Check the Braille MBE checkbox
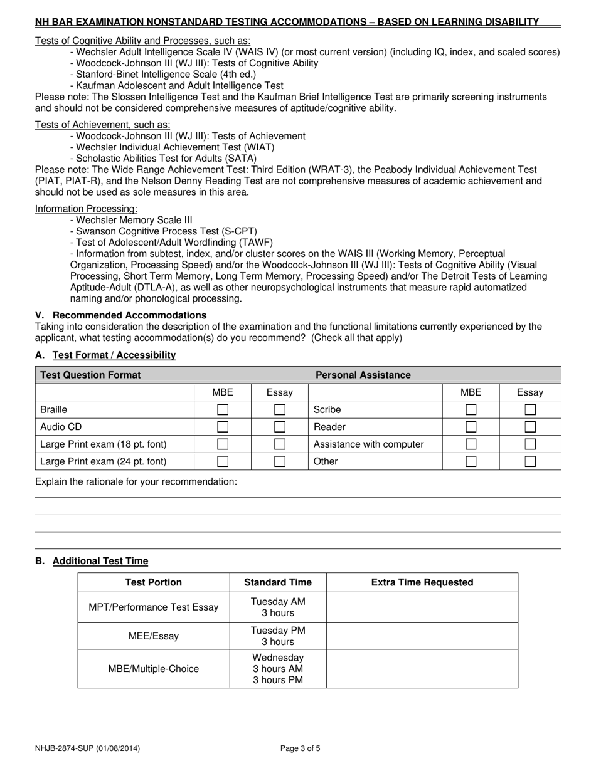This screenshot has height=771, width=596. (x=223, y=410)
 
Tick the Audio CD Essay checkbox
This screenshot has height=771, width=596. (x=280, y=427)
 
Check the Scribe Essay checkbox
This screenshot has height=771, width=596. (x=530, y=410)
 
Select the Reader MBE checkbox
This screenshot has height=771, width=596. (x=471, y=427)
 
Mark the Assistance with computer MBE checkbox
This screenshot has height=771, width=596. (x=471, y=444)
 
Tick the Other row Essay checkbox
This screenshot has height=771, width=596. (x=530, y=461)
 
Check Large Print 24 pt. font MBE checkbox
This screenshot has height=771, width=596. (x=223, y=461)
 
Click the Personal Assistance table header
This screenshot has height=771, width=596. (x=363, y=375)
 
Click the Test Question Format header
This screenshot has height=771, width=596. (x=91, y=375)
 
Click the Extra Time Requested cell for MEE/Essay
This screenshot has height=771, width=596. (x=422, y=636)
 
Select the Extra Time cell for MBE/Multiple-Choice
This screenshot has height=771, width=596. (x=422, y=669)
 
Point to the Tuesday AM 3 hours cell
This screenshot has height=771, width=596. (x=278, y=607)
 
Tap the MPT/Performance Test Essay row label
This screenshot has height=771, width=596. (x=154, y=607)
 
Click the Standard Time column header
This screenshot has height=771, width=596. (x=278, y=582)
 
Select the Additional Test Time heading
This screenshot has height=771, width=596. (x=100, y=561)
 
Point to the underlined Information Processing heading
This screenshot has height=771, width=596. (x=86, y=209)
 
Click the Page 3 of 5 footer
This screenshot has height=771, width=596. (x=300, y=748)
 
